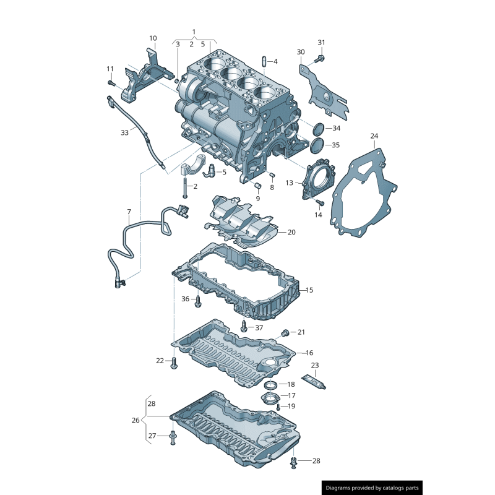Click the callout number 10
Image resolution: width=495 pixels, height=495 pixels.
pyautogui.click(x=153, y=38)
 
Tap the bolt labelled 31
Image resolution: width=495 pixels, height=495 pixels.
pyautogui.click(x=319, y=59)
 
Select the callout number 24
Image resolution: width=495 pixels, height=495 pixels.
pyautogui.click(x=374, y=136)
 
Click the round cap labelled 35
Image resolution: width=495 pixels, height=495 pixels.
pyautogui.click(x=317, y=146)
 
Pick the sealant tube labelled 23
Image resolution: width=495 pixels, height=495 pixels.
pyautogui.click(x=314, y=383)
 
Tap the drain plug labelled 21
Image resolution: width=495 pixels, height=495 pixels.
pyautogui.click(x=285, y=333)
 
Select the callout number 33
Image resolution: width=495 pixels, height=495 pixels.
pyautogui.click(x=124, y=132)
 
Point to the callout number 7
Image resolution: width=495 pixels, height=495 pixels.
pyautogui.click(x=129, y=212)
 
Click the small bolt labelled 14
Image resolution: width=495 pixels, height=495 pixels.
pyautogui.click(x=319, y=202)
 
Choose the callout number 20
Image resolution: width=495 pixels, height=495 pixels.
pyautogui.click(x=291, y=232)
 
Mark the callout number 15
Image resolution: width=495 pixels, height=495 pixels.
pyautogui.click(x=309, y=290)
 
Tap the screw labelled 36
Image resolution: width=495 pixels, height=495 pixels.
pyautogui.click(x=198, y=302)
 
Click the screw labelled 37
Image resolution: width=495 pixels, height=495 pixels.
pyautogui.click(x=244, y=326)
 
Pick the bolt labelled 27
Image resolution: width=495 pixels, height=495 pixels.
pyautogui.click(x=173, y=438)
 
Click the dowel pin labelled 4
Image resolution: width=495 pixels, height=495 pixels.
pyautogui.click(x=264, y=61)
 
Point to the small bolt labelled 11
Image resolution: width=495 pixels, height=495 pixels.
pyautogui.click(x=111, y=82)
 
